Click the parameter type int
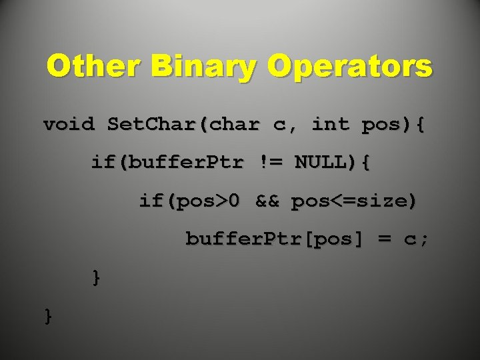(330, 125)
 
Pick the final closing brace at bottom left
(49, 315)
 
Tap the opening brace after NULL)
(364, 163)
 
